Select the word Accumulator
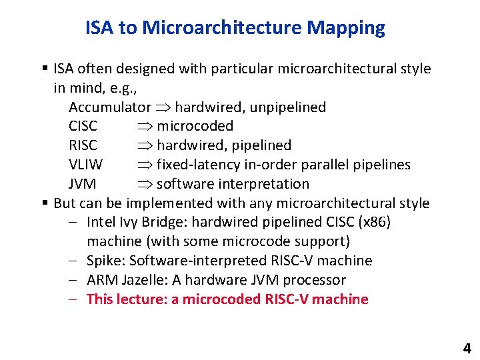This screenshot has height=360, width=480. (x=110, y=107)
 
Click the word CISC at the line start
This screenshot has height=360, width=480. (x=83, y=127)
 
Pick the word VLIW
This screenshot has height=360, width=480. (x=84, y=165)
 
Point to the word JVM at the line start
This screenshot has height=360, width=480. (x=82, y=184)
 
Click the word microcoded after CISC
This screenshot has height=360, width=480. (x=195, y=127)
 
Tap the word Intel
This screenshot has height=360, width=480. (x=101, y=222)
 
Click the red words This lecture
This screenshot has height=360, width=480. (x=127, y=299)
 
